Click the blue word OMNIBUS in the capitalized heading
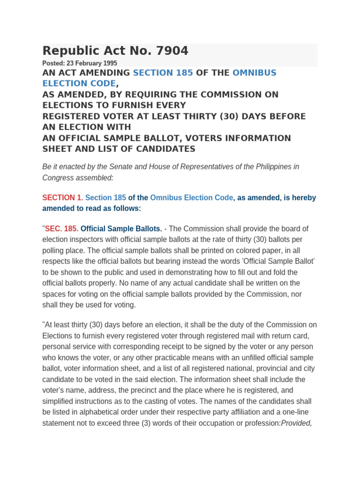255,73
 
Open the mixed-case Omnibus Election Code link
191,198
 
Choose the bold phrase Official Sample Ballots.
121,229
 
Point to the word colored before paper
246,250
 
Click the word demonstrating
172,272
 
